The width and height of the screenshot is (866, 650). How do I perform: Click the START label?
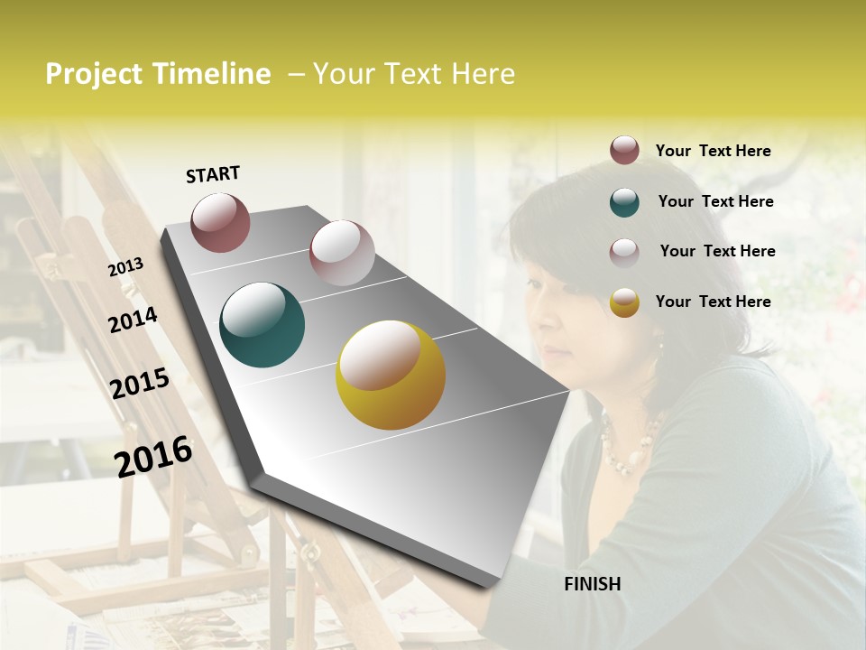213,174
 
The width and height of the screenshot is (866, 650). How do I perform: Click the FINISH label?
592,584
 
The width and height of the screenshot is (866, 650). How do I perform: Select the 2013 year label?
126,267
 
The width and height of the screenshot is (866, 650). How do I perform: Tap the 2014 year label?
133,320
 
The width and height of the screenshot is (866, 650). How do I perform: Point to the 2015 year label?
140,384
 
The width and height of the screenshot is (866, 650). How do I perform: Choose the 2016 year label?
153,456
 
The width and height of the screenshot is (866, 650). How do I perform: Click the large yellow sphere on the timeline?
391,375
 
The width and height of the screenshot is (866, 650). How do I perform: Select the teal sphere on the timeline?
262,325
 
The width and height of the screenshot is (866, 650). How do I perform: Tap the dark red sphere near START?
220,222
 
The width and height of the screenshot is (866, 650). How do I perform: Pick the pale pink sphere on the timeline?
342,253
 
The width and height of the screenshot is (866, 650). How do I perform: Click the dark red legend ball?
624,150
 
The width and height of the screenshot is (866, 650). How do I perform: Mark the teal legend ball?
624,201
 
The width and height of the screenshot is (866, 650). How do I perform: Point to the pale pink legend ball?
624,252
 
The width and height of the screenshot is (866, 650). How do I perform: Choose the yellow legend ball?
624,302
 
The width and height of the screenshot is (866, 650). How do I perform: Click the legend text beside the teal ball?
715,201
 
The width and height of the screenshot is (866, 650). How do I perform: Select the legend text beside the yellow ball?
713,302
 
